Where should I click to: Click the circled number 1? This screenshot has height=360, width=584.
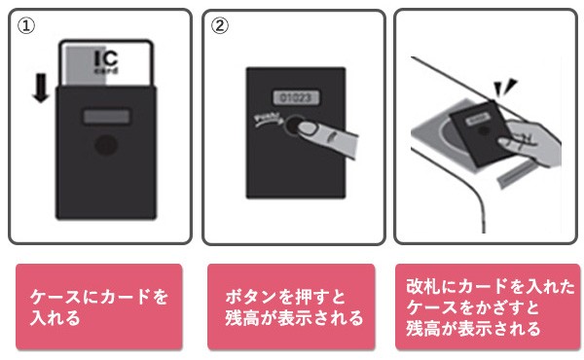(27, 26)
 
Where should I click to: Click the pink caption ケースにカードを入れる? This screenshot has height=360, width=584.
(99, 306)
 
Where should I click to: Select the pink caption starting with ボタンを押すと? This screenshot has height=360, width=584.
(291, 306)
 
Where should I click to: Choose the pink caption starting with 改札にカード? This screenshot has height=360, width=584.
(486, 306)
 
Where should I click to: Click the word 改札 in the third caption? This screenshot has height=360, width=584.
(422, 285)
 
